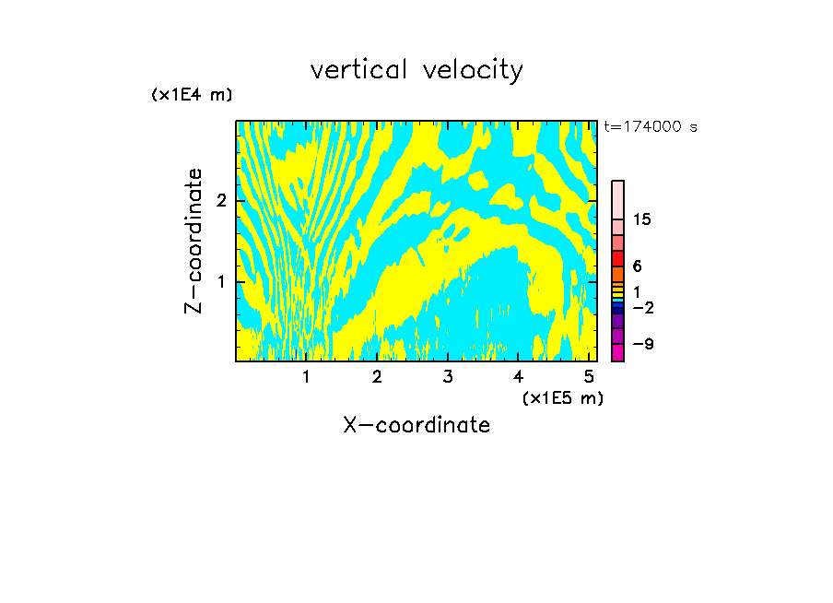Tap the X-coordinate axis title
click(416, 425)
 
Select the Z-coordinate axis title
click(194, 241)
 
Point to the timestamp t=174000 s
click(651, 127)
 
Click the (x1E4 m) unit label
click(192, 95)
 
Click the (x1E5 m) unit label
click(562, 398)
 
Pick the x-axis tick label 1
click(307, 377)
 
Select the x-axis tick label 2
click(377, 377)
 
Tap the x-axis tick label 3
click(448, 377)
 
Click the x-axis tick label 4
click(518, 377)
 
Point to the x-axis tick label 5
click(589, 377)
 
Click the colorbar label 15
click(642, 219)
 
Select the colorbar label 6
click(637, 266)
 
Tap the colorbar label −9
click(642, 345)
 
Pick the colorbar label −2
click(642, 308)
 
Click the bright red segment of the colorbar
click(618, 258)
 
